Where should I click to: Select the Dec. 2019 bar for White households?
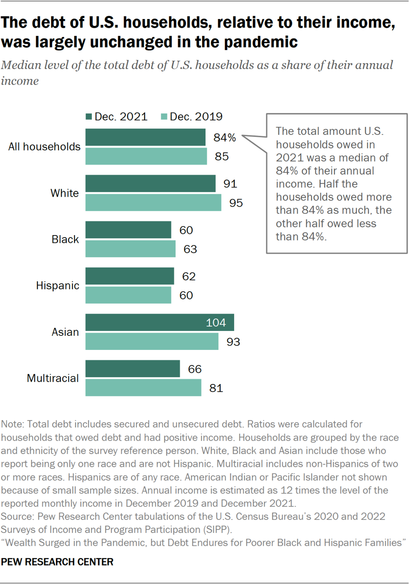[x=153, y=202]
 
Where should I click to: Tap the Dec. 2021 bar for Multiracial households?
[x=133, y=369]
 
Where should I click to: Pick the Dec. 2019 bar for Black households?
[x=130, y=249]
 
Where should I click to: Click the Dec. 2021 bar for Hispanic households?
[x=130, y=276]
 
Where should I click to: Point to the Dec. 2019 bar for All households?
[x=146, y=156]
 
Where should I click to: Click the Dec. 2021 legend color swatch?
[x=89, y=116]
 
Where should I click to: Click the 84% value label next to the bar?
[x=224, y=138]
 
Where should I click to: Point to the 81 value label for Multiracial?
[x=216, y=388]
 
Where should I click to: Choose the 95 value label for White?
[x=236, y=203]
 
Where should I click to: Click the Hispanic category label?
[x=57, y=286]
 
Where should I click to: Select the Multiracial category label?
[x=53, y=378]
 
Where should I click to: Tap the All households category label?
[x=44, y=146]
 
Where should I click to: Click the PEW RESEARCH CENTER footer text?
[x=57, y=562]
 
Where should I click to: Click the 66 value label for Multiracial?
[x=195, y=369]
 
